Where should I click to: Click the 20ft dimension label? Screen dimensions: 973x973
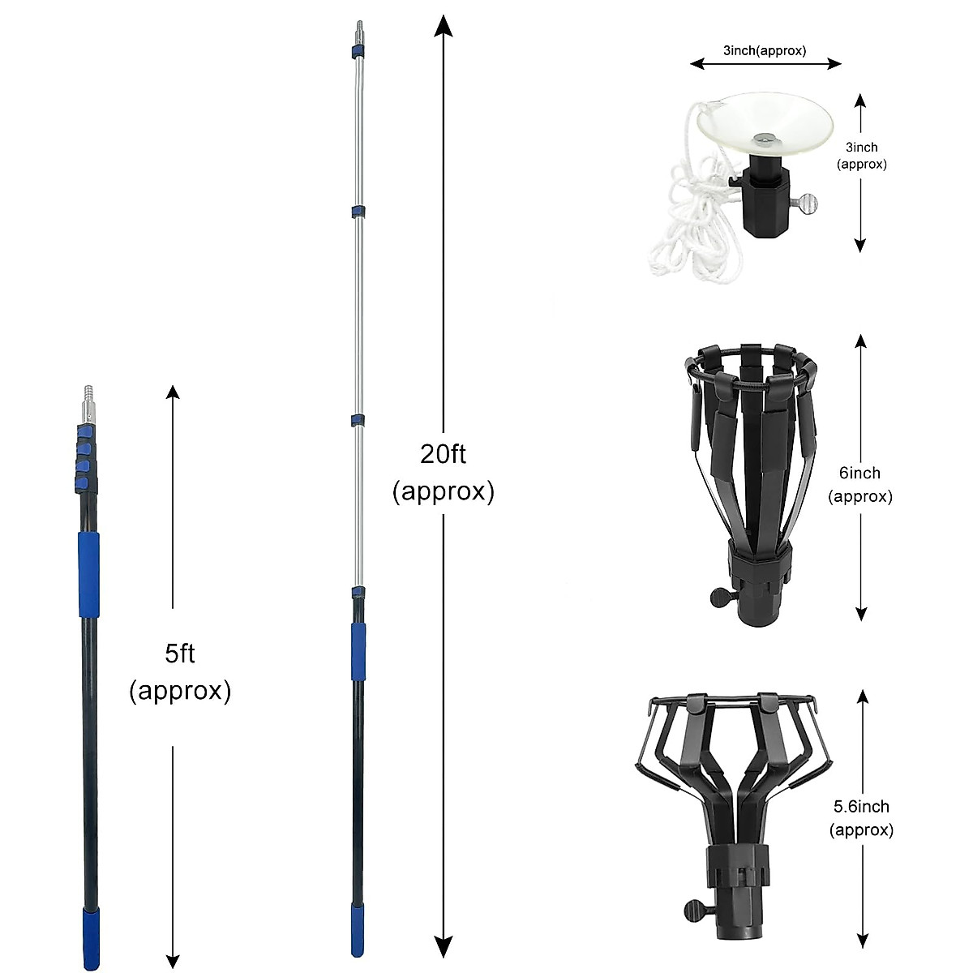[x=443, y=472]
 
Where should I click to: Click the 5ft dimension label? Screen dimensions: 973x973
[x=180, y=671]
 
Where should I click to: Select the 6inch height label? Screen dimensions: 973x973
[x=859, y=484]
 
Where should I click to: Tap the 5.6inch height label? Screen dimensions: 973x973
[x=861, y=817]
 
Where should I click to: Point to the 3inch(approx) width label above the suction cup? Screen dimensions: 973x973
[x=765, y=50]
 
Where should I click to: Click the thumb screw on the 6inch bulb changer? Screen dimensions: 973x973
[x=722, y=598]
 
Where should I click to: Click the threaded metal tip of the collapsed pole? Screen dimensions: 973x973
[x=89, y=401]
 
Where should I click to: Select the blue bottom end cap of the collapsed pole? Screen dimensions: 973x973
[x=91, y=939]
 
